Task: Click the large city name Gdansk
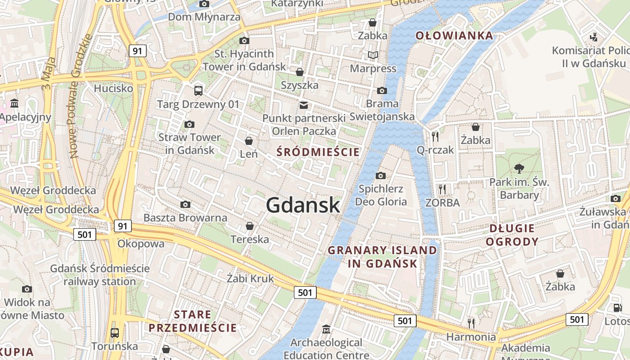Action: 303,205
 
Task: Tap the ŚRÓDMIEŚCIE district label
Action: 318,152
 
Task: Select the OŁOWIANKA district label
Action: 454,36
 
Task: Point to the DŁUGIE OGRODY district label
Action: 513,235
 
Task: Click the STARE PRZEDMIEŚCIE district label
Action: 193,321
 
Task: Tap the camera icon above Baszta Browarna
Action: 185,205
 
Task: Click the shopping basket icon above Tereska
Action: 250,226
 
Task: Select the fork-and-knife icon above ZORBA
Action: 442,189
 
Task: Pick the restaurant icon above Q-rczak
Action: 435,136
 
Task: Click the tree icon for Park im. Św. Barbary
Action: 519,169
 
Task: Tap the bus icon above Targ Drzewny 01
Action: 198,91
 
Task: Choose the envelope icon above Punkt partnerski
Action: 304,105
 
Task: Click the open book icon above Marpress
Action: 373,55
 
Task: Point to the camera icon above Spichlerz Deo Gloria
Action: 381,175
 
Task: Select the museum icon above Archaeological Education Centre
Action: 326,329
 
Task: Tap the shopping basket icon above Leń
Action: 248,141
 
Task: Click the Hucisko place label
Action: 113,88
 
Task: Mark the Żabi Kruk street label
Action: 250,279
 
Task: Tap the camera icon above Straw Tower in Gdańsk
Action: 189,124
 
